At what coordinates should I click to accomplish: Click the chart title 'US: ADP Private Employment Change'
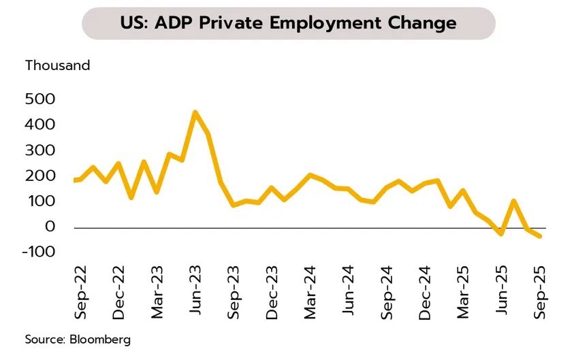[x=288, y=23]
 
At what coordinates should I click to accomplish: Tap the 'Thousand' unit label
[x=58, y=66]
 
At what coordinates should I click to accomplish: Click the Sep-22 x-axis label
[x=79, y=292]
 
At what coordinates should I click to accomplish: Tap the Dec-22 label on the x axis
[x=118, y=292]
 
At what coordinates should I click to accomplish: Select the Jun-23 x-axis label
[x=195, y=292]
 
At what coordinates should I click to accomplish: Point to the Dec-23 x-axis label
[x=272, y=292]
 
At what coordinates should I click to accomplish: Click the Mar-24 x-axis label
[x=311, y=292]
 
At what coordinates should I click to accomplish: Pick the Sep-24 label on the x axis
[x=388, y=292]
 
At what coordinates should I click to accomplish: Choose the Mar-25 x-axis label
[x=465, y=292]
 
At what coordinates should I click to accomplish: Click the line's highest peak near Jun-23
[x=195, y=112]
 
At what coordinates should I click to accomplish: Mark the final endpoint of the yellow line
[x=541, y=236]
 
